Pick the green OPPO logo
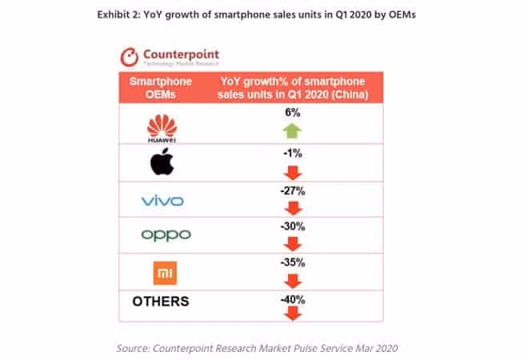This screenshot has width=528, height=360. click(x=166, y=234)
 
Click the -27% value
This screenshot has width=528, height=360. click(x=292, y=189)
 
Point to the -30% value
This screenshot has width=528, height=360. click(x=292, y=226)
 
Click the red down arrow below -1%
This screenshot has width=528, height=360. click(x=292, y=170)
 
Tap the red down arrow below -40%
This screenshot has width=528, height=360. click(x=292, y=313)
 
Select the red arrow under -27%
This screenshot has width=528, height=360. click(x=292, y=206)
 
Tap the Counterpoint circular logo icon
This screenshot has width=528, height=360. click(x=130, y=58)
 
